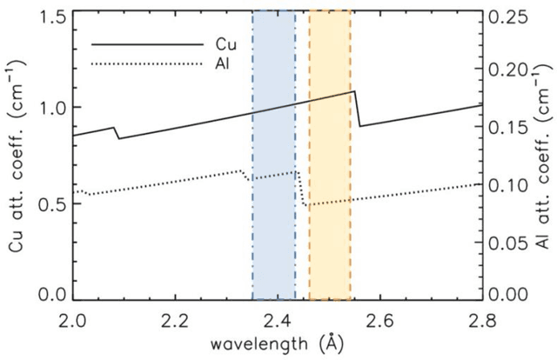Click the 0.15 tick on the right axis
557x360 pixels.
pyautogui.click(x=507, y=126)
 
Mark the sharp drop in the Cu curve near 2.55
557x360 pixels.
pyautogui.click(x=357, y=109)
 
